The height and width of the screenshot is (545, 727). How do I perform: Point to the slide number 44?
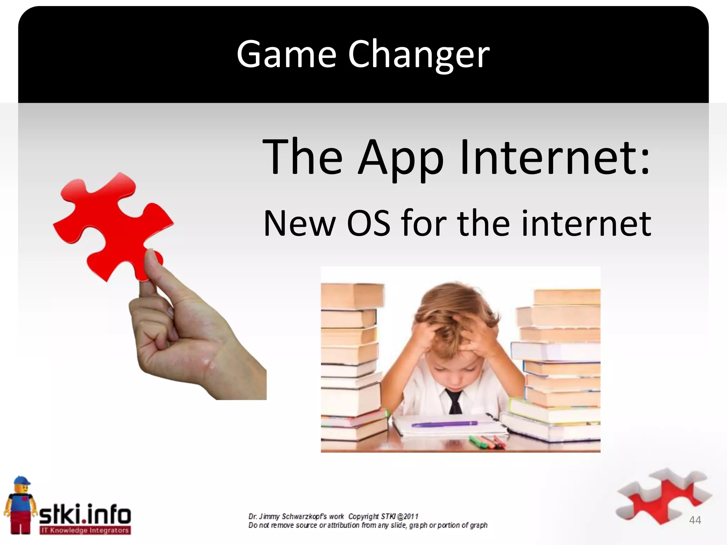(695, 520)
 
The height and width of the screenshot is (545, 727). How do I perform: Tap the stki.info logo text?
(85, 514)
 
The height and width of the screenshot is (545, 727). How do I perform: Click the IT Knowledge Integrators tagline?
(85, 530)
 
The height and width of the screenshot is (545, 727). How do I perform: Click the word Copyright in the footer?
(363, 517)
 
